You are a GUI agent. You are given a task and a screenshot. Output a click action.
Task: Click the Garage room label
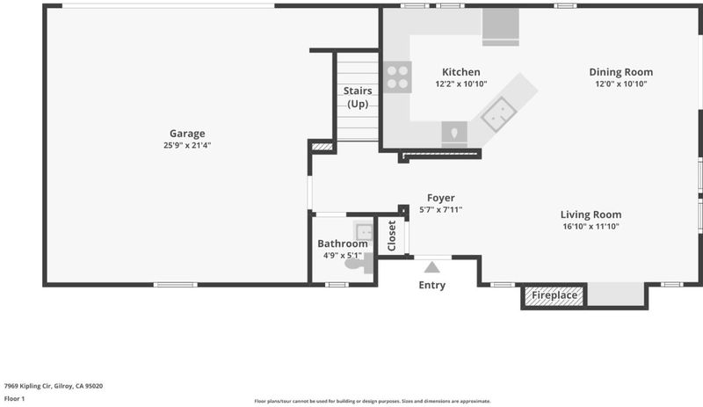click(187, 134)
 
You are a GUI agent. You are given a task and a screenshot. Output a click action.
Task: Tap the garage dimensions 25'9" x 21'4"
click(187, 145)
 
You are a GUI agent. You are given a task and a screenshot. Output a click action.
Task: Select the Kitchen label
click(460, 72)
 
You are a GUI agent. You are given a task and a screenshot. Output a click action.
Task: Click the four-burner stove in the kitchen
click(398, 77)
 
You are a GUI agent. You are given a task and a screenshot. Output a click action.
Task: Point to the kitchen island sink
click(498, 114)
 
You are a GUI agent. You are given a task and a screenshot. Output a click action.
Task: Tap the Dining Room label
click(621, 72)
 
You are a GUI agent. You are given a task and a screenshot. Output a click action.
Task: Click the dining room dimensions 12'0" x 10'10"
click(621, 84)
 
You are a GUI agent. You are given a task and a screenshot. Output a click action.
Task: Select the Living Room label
click(591, 214)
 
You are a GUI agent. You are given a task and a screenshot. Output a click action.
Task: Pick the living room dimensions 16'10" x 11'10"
click(591, 227)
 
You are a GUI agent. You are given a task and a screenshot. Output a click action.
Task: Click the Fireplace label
click(554, 295)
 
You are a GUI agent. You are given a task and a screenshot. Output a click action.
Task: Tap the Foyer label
click(441, 198)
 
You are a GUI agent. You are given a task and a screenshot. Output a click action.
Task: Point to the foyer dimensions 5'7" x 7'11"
click(441, 209)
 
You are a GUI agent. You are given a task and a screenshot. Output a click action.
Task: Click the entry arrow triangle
click(431, 267)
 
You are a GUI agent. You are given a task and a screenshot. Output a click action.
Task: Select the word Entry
click(431, 286)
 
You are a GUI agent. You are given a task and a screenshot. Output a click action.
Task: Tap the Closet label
click(391, 236)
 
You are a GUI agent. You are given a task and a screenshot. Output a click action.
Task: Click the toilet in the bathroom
click(359, 264)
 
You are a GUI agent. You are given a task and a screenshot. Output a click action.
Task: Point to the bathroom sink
click(364, 232)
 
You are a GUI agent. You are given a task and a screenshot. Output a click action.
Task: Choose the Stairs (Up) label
click(358, 98)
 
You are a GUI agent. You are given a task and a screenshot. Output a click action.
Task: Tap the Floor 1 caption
click(14, 398)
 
